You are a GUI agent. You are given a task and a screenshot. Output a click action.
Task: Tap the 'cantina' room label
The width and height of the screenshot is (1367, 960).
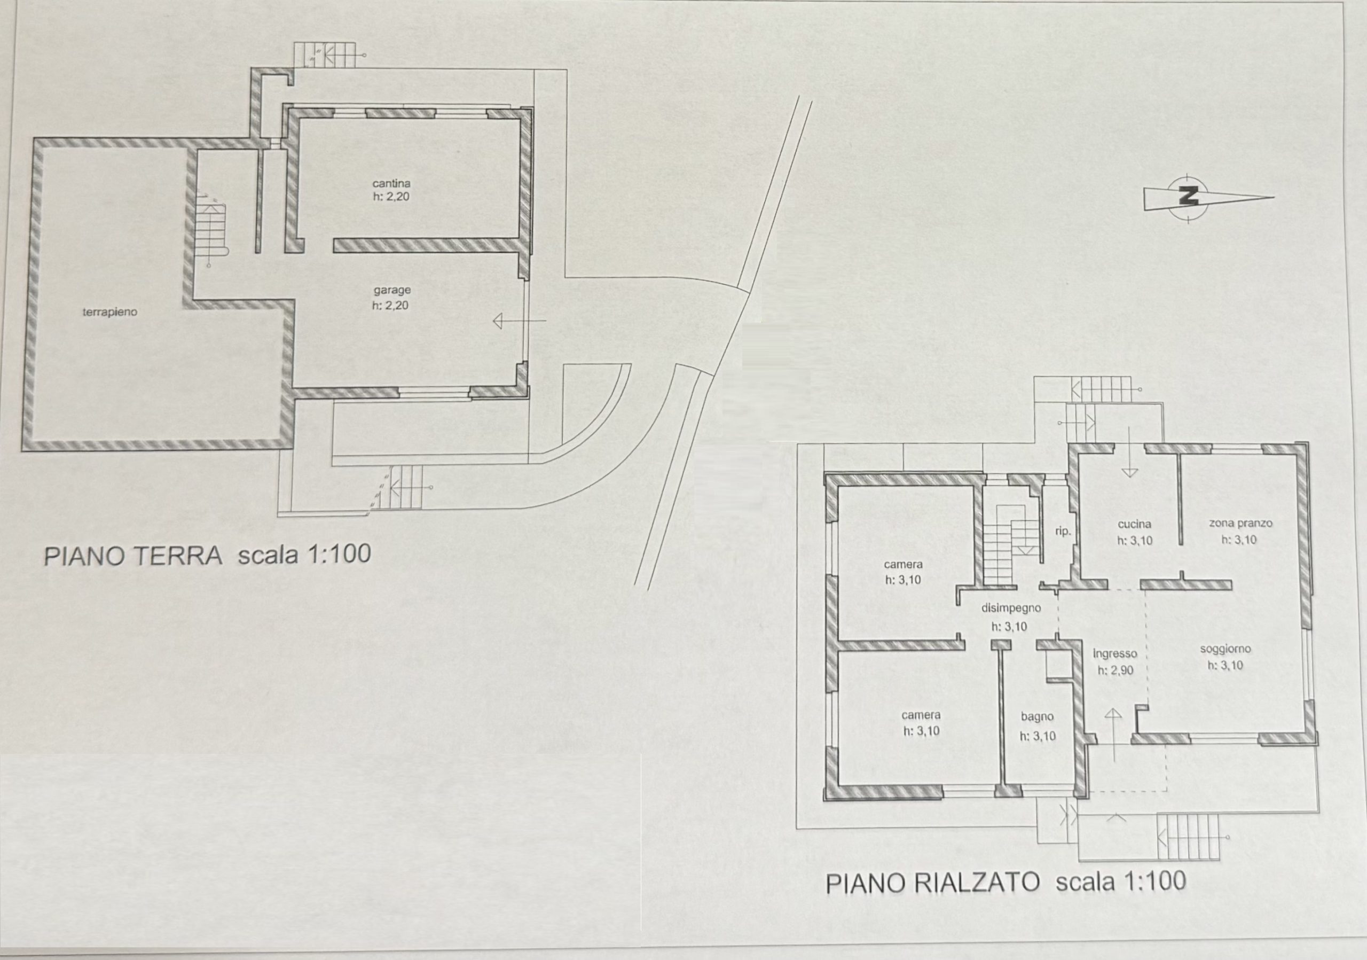[391, 183]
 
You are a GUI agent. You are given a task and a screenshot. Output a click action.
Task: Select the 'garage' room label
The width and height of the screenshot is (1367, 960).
[392, 291]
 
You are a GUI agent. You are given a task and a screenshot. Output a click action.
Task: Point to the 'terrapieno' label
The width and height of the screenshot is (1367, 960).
[109, 311]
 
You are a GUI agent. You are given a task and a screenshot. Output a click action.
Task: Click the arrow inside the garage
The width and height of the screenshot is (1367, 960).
[519, 322]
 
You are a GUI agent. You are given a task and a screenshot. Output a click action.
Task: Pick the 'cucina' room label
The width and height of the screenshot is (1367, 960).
[1134, 524]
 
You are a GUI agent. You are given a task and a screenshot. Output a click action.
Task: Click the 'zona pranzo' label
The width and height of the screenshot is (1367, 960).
[1241, 524]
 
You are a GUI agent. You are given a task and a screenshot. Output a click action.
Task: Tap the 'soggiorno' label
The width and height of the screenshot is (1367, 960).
[1225, 649]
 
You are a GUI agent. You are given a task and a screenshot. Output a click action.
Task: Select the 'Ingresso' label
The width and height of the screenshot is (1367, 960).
[1114, 654]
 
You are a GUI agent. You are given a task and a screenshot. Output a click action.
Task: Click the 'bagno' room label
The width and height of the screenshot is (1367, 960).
[1037, 717]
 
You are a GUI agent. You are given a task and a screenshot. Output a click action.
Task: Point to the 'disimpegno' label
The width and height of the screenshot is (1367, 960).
[1011, 608]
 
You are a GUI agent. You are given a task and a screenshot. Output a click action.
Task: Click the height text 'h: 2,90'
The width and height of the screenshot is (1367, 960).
[1115, 670]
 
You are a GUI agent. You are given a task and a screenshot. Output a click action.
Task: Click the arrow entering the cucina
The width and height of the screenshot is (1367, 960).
[1129, 452]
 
